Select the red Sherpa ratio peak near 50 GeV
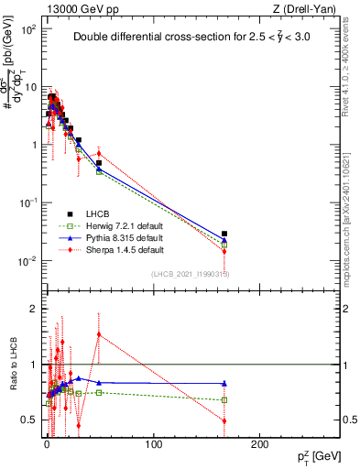click(x=99, y=334)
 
